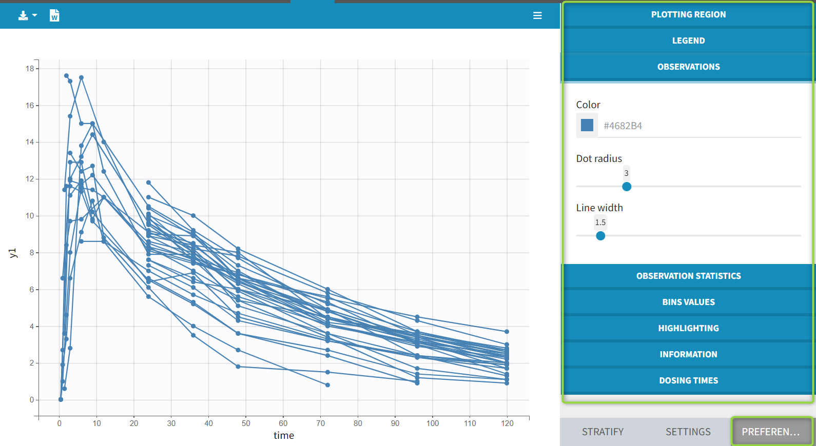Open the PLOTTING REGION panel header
point(688,14)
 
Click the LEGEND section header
point(688,40)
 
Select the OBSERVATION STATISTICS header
point(688,276)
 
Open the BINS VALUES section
point(688,302)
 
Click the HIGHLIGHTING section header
point(688,328)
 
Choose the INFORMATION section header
point(688,354)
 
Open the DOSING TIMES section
point(688,380)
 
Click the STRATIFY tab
point(603,432)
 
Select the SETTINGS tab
point(688,432)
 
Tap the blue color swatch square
point(587,125)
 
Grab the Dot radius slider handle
point(627,187)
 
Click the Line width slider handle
point(600,236)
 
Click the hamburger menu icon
point(537,16)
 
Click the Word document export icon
point(54,16)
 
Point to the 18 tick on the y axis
point(30,69)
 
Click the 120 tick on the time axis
point(507,423)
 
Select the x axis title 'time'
point(284,436)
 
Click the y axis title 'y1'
point(13,253)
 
